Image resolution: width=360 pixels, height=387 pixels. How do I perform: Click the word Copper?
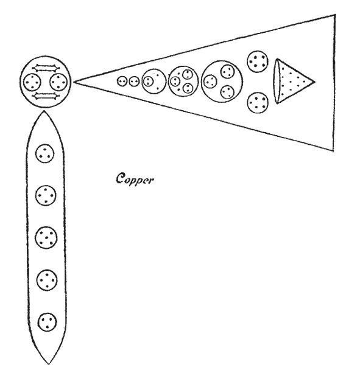pos(135,179)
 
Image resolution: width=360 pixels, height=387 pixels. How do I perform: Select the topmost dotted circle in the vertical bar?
pos(44,153)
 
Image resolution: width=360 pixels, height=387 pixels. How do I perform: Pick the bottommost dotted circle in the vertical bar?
pos(47,322)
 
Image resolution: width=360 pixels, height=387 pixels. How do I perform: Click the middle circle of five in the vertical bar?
pos(46,237)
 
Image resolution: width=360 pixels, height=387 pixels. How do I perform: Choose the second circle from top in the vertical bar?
pos(46,195)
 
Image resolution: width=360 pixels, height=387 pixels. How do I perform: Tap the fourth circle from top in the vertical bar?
pos(47,280)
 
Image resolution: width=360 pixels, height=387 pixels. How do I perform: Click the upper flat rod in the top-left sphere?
pos(46,68)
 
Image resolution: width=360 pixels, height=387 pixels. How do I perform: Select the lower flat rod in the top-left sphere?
pos(46,96)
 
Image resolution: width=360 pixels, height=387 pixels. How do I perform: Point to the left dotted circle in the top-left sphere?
pos(32,82)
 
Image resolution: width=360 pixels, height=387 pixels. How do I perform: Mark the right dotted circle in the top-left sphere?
pos(58,82)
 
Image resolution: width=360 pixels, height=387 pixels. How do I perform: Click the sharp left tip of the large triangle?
pos(74,81)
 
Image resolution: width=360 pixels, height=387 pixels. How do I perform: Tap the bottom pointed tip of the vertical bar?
pos(49,364)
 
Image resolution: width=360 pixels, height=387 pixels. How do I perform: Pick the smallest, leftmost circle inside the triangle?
pos(122,82)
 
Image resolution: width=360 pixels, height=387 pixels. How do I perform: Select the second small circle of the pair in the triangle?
pos(134,82)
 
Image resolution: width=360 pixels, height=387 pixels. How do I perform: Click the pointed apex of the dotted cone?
pos(315,81)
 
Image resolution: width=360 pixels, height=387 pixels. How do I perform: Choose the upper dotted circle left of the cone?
pos(257,61)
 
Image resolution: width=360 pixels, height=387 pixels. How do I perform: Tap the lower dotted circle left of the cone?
pos(258,102)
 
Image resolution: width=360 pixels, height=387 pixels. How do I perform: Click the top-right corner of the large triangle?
pos(335,15)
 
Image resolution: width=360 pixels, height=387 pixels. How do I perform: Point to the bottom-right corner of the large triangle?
pos(333,150)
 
